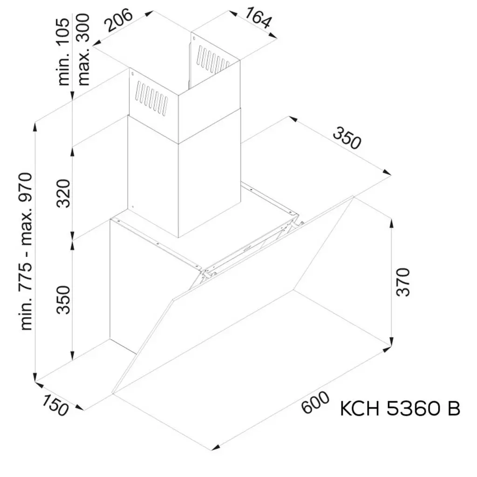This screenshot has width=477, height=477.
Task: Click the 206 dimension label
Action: (x=118, y=20)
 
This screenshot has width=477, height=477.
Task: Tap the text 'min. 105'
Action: (x=64, y=51)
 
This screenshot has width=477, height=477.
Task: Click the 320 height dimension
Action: (x=64, y=193)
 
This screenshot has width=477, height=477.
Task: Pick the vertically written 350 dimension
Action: (x=64, y=299)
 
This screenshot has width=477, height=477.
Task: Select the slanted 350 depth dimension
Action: (x=347, y=138)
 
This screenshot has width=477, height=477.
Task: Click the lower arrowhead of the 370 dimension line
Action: (x=392, y=342)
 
